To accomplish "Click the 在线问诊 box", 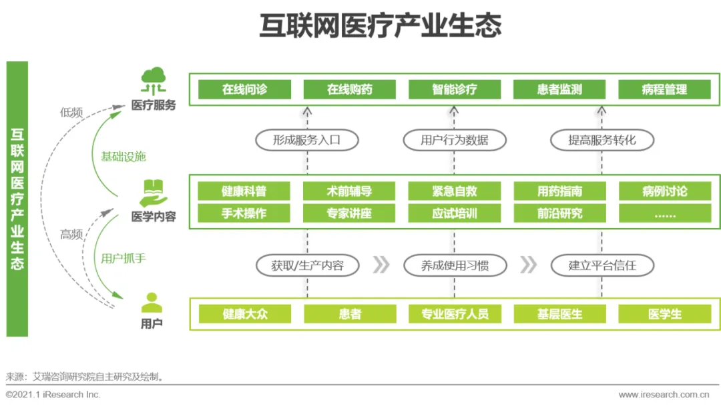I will pos(244,89).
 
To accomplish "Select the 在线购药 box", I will pos(349,89).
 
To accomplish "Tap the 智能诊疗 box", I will pos(455,89).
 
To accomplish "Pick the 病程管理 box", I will pos(664,89).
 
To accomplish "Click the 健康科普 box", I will pos(244,191).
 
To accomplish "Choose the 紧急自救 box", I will pos(455,191).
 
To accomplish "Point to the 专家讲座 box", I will pos(349,213).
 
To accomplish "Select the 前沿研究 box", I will pos(559,213).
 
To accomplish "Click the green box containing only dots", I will pos(664,213).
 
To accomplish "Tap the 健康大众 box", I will pos(244,314).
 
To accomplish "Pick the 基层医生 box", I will pos(559,314).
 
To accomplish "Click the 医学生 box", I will pos(664,314).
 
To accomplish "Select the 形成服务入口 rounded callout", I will pos(307,140).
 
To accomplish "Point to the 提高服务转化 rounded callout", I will pos(602,140).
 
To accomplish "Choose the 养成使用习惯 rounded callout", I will pos(455,265).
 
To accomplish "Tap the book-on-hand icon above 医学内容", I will pos(153,192).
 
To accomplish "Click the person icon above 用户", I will pos(152,303).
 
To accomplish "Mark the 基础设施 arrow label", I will pos(124,157).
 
